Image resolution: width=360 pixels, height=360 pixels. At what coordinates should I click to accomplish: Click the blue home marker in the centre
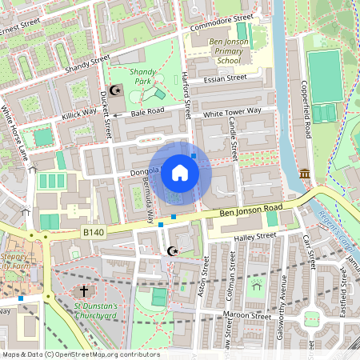click(x=180, y=173)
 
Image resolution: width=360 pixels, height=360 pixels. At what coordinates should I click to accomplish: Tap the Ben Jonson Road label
click(x=253, y=211)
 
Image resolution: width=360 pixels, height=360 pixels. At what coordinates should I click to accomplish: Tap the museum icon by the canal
click(x=305, y=174)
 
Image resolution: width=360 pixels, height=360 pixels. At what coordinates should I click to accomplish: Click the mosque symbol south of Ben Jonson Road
click(x=170, y=251)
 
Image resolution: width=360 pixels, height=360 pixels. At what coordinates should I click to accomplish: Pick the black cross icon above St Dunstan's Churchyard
click(x=84, y=291)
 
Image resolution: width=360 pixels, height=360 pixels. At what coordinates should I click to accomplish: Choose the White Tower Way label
click(x=232, y=114)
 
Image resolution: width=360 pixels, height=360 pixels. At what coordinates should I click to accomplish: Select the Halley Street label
click(x=253, y=237)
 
